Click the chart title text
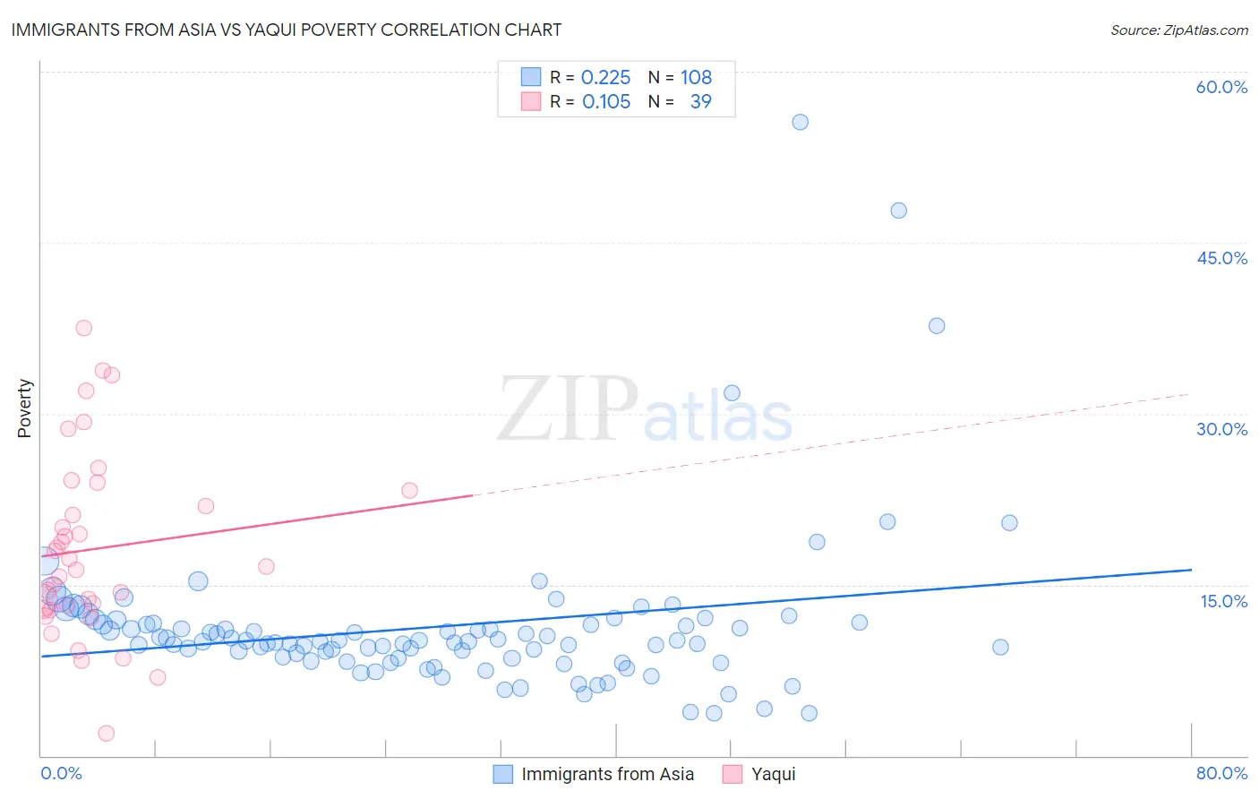click(287, 30)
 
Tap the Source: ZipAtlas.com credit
click(1178, 30)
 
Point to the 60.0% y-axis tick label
click(1221, 87)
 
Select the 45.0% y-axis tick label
click(1221, 258)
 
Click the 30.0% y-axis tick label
click(1221, 429)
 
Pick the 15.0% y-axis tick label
click(1223, 601)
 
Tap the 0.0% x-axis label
click(61, 773)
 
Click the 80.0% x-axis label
click(1221, 773)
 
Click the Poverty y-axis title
click(24, 408)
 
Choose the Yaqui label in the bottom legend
click(773, 775)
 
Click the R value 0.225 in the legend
click(605, 78)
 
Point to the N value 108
click(696, 78)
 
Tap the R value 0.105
click(606, 102)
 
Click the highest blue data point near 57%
click(801, 122)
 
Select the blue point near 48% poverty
click(898, 210)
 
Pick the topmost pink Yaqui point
click(84, 328)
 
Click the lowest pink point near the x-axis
click(107, 733)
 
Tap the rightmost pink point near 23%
click(409, 490)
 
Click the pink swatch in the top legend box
click(531, 101)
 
